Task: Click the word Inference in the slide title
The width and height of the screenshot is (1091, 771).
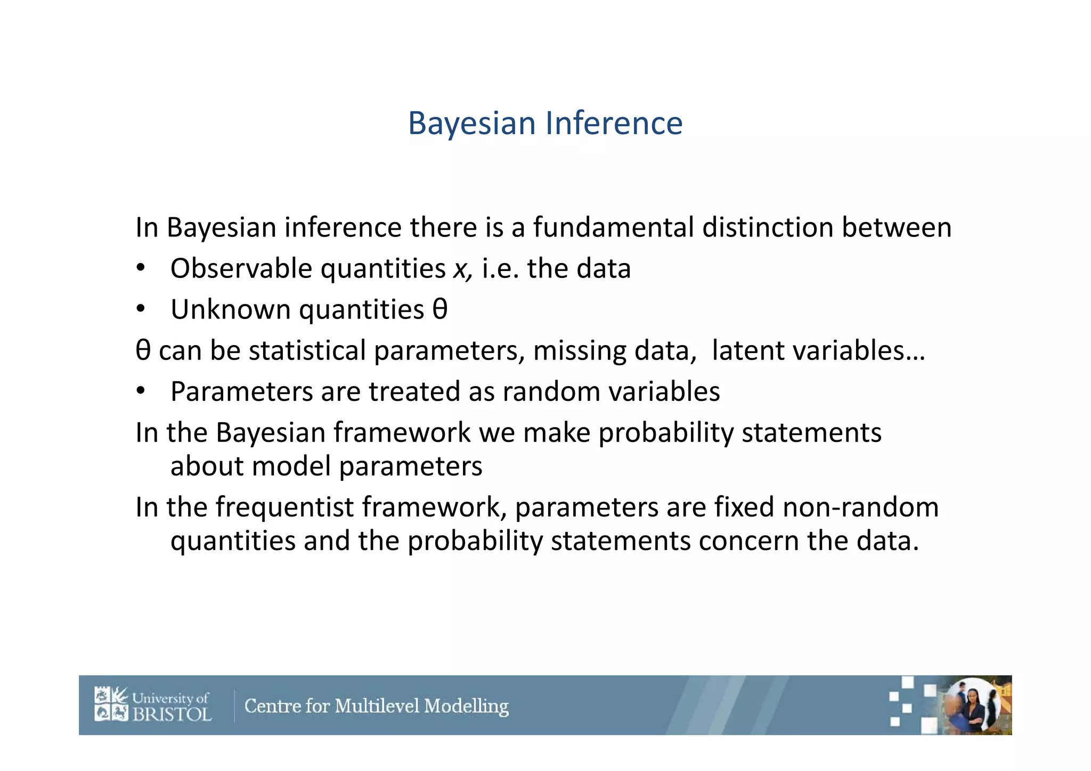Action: pos(614,123)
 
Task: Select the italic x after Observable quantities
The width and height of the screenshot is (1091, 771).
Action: pos(460,269)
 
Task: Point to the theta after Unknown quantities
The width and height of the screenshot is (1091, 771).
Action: pos(440,309)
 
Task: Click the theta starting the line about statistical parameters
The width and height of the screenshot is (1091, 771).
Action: pos(143,350)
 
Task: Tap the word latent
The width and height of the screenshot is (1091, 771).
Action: pos(748,350)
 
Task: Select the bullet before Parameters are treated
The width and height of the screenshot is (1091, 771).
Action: pos(140,391)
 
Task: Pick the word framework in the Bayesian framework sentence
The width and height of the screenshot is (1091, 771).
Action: pos(402,432)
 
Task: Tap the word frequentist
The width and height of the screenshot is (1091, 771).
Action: pos(285,507)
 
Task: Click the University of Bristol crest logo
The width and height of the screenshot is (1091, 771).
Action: pos(111,704)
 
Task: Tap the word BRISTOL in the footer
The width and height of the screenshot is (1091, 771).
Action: pos(172,714)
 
